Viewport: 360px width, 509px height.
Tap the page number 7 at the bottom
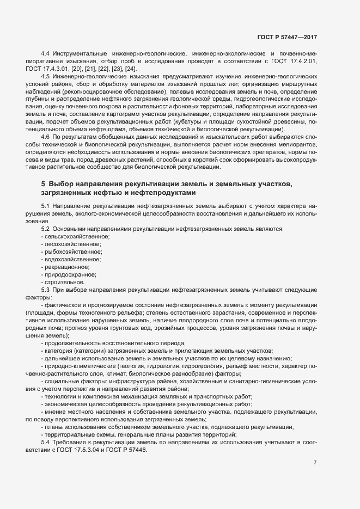315,463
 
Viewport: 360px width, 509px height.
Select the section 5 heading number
43,186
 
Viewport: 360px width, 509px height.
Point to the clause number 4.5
46,78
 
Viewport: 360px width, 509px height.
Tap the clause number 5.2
46,229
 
